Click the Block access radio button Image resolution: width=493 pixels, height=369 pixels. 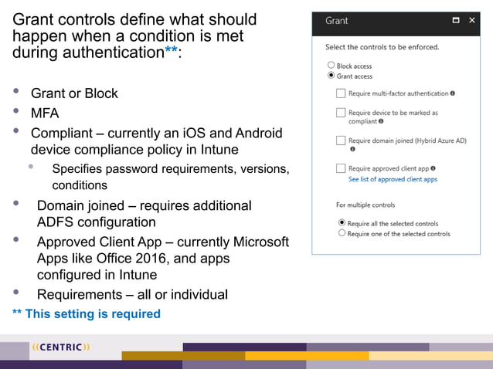(x=331, y=66)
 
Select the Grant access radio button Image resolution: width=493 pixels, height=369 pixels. (x=331, y=76)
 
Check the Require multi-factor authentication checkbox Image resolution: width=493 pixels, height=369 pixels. (x=341, y=93)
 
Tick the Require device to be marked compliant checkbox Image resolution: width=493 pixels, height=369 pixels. (x=341, y=113)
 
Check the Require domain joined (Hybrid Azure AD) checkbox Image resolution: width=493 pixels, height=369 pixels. (x=341, y=140)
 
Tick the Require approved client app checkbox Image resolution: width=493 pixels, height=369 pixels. (x=341, y=168)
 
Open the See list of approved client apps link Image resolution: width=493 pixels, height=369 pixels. (x=393, y=179)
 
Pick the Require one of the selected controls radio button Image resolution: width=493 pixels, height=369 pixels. (x=342, y=233)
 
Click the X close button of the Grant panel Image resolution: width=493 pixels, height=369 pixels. (x=472, y=21)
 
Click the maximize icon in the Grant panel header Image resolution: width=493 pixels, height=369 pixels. (x=456, y=21)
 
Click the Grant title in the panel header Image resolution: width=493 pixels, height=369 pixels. (x=336, y=21)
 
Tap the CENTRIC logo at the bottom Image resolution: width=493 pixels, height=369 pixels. (x=60, y=347)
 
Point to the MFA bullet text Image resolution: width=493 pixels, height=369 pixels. (x=45, y=113)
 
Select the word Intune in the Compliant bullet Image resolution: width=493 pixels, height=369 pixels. (x=218, y=149)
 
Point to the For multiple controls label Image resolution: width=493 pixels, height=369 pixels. (x=365, y=205)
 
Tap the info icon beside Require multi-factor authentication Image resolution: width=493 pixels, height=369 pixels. (x=453, y=93)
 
